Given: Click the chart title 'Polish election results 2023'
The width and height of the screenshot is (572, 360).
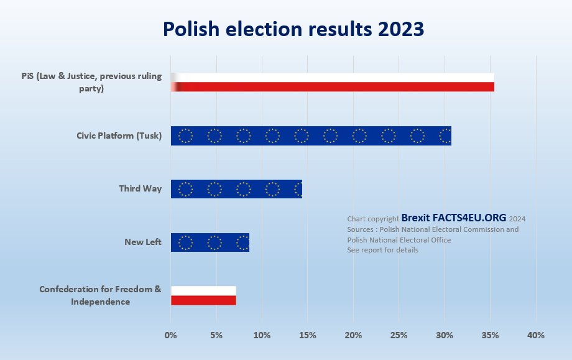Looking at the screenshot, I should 293,29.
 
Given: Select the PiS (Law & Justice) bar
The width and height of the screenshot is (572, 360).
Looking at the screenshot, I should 333,82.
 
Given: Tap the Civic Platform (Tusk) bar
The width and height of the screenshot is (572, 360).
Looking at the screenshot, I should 311,136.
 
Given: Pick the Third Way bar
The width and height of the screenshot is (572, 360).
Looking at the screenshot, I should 236,189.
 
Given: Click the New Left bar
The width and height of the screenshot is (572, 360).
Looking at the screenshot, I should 210,242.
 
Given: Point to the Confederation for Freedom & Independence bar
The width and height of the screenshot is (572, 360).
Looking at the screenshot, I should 203,295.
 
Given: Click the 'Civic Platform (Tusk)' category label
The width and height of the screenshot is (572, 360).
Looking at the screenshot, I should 119,136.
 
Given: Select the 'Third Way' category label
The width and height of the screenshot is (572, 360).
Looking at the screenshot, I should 141,188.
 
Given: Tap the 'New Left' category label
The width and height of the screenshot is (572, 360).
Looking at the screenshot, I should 143,242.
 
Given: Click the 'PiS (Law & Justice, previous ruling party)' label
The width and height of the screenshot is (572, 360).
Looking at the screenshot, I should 91,82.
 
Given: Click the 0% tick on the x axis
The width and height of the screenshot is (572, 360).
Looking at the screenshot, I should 171,336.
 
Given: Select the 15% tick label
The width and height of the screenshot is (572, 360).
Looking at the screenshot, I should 308,336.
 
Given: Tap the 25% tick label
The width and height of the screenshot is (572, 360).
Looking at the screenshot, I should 399,336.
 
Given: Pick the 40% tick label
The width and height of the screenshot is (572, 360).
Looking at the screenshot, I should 536,336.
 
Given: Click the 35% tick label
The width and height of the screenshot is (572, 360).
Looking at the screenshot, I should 490,336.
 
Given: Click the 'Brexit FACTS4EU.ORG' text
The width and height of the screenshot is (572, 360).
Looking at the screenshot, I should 454,218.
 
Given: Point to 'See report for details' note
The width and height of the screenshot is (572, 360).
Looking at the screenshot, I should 382,250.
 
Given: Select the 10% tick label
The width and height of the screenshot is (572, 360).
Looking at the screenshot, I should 262,336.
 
